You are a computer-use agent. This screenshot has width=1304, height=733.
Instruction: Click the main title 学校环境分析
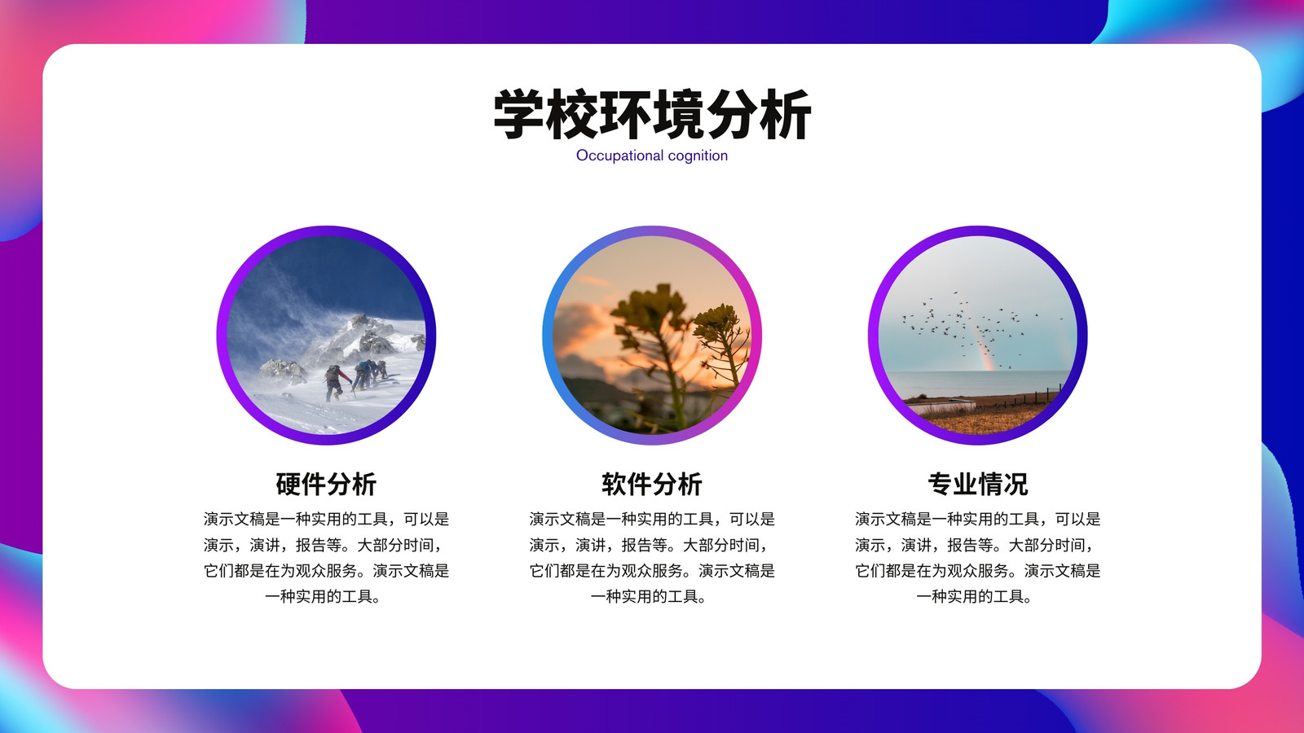pyautogui.click(x=652, y=114)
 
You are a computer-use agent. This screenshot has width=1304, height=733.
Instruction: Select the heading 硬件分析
pyautogui.click(x=326, y=484)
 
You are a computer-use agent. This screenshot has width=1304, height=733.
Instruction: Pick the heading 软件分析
pyautogui.click(x=652, y=484)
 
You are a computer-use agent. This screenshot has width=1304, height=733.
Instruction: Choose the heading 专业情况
pyautogui.click(x=978, y=484)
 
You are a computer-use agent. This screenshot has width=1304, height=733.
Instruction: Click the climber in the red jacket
pyautogui.click(x=335, y=383)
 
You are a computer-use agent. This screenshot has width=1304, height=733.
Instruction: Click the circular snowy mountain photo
pyautogui.click(x=326, y=335)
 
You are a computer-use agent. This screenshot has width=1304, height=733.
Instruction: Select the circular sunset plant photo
pyautogui.click(x=652, y=335)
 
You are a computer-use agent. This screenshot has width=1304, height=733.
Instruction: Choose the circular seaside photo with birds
pyautogui.click(x=978, y=335)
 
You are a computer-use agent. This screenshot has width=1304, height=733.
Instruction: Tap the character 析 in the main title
pyautogui.click(x=786, y=114)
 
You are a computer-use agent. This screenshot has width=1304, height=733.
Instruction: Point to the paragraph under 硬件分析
pyautogui.click(x=326, y=557)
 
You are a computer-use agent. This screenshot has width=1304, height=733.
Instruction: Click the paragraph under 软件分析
pyautogui.click(x=652, y=557)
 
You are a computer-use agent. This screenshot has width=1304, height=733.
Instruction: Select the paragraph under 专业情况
pyautogui.click(x=978, y=557)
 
